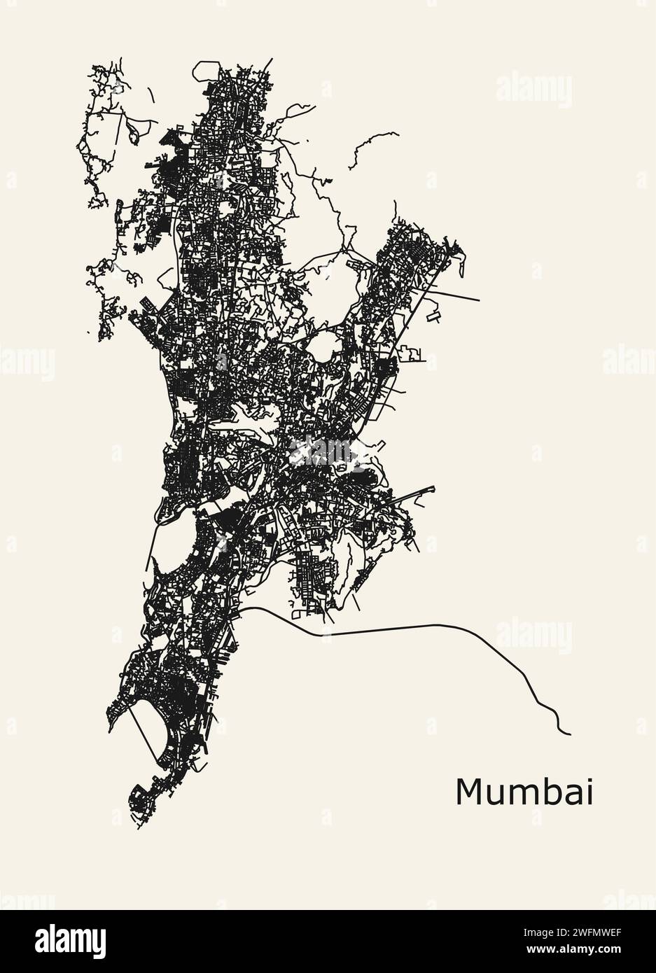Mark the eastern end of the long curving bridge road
point(570,734)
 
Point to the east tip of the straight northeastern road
point(479,301)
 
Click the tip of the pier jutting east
point(433,488)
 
